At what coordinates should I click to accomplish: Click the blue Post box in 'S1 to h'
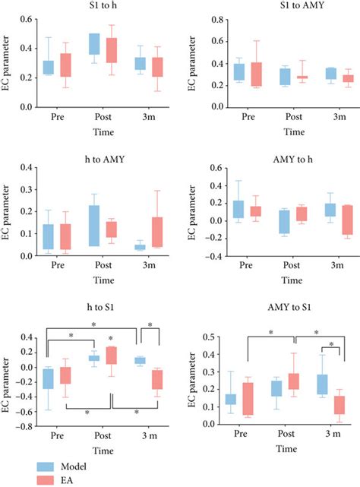click(95, 44)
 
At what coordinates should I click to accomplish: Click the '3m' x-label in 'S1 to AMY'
click(318, 119)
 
